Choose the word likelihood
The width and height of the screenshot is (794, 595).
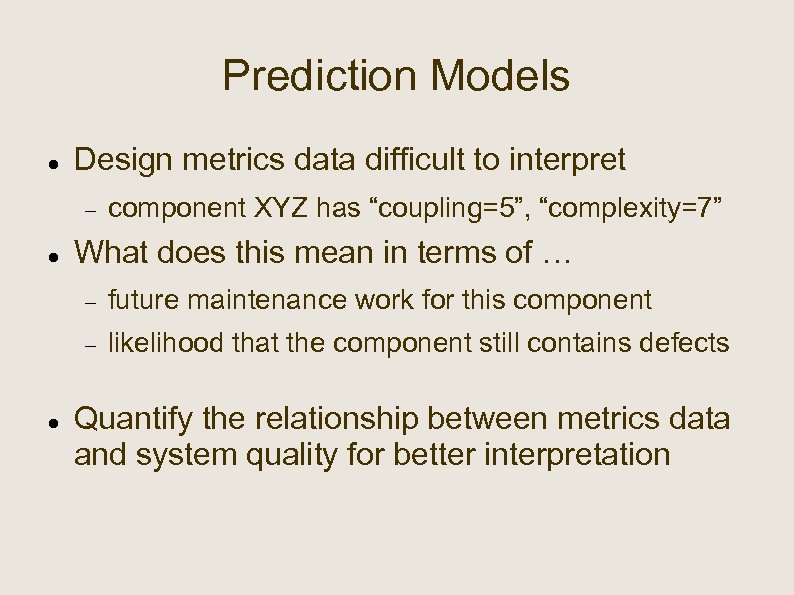(166, 343)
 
